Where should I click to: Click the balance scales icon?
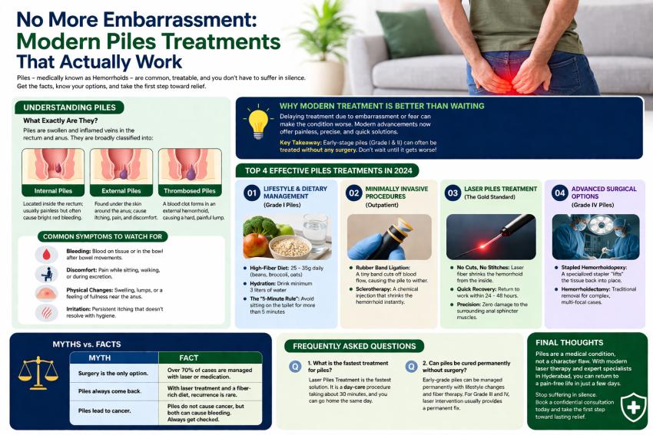pos(36,381)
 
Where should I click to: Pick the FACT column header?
pos(189,358)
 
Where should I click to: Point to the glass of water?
pos(315,232)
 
